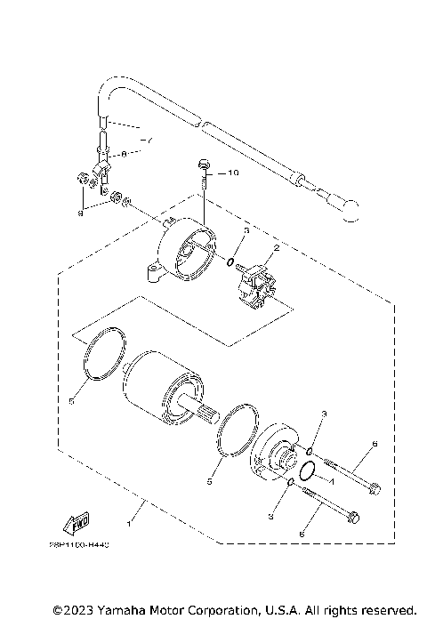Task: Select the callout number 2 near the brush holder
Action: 277,248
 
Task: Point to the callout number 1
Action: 132,515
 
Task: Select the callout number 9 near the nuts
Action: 82,213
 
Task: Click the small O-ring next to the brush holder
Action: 230,263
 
